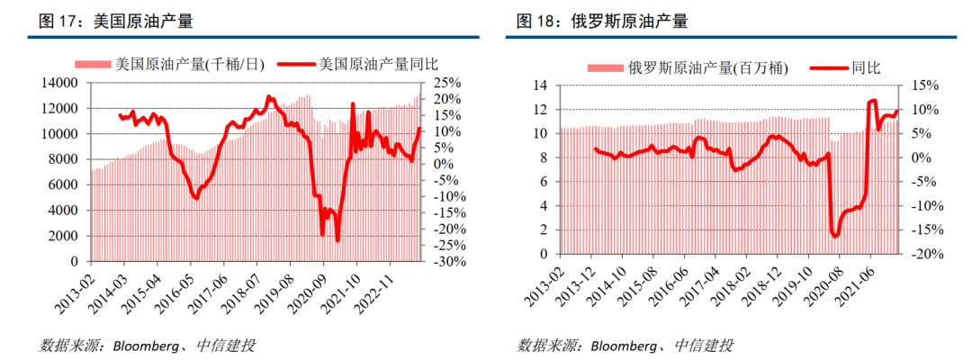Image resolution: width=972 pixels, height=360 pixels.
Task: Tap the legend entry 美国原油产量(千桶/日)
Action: point(171,65)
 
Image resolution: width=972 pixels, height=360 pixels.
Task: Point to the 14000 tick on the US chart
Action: point(62,83)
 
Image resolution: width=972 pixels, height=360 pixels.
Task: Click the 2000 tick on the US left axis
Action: point(66,236)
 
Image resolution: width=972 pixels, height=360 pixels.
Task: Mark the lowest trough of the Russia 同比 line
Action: point(835,236)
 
